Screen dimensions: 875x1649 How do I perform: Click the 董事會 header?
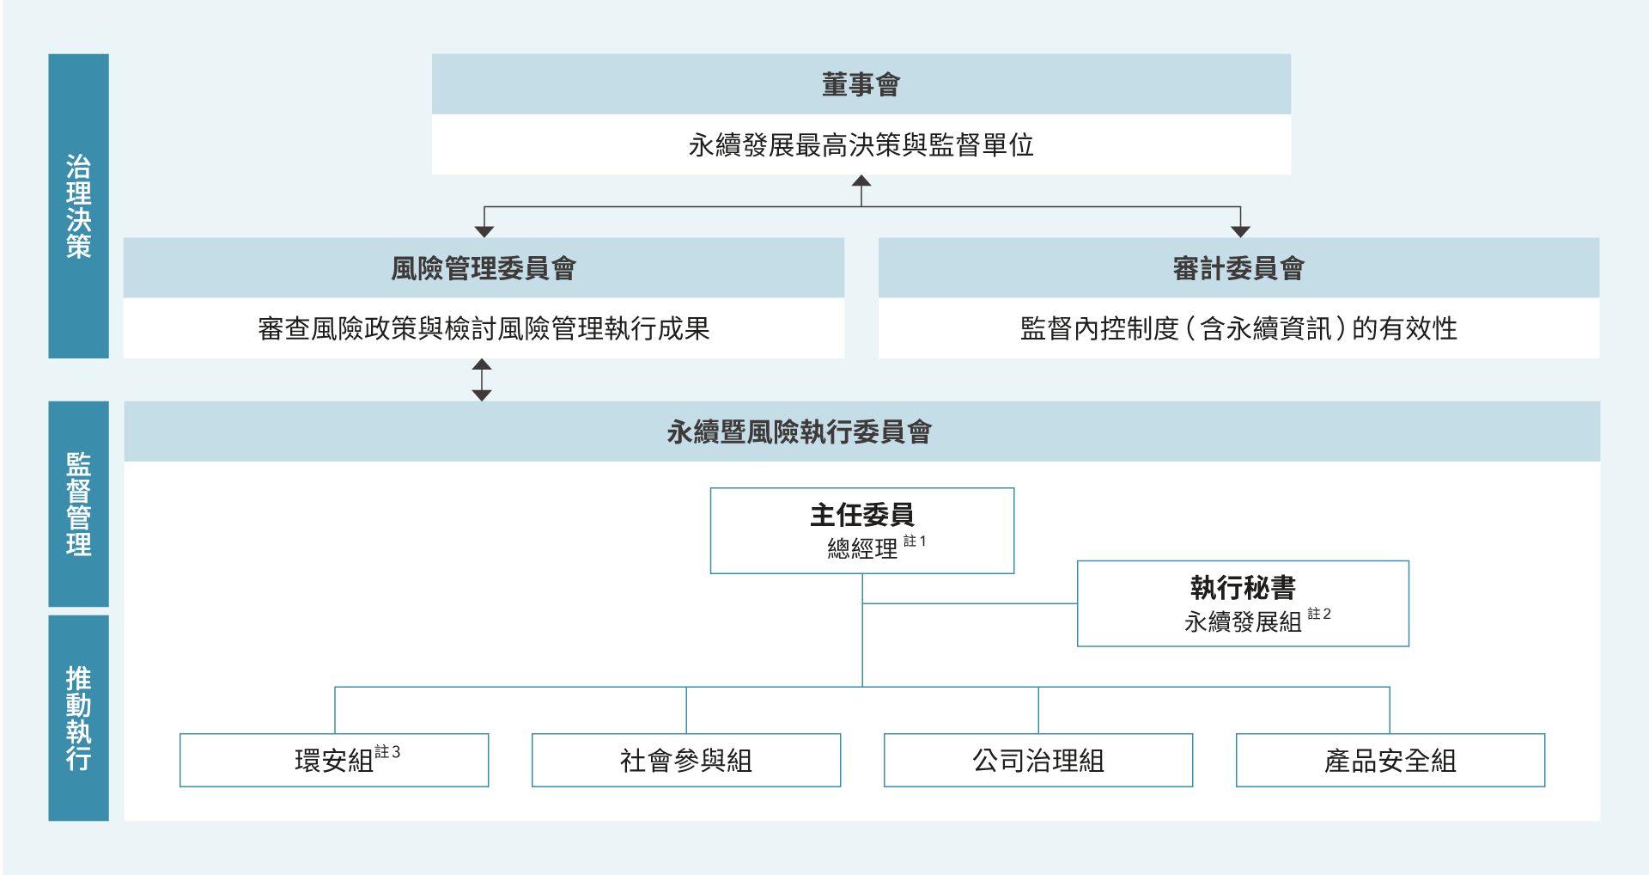pyautogui.click(x=861, y=84)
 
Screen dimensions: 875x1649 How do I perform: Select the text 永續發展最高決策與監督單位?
pyautogui.click(x=861, y=145)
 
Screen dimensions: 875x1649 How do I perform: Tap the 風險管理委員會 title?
pyautogui.click(x=484, y=268)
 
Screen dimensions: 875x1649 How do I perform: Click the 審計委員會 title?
pyautogui.click(x=1238, y=268)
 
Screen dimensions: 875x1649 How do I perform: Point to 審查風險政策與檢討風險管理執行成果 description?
pyautogui.click(x=484, y=328)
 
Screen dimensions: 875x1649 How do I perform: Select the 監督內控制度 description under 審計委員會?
pyautogui.click(x=1238, y=328)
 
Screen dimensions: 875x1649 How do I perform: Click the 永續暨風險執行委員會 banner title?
pyautogui.click(x=799, y=431)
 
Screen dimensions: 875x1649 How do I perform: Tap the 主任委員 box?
pyautogui.click(x=861, y=529)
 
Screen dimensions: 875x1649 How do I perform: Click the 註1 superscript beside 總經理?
pyautogui.click(x=915, y=542)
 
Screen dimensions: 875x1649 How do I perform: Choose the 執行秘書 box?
pyautogui.click(x=1243, y=603)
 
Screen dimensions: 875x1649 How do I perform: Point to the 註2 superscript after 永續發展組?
pyautogui.click(x=1319, y=615)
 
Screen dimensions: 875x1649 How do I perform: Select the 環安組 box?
pyautogui.click(x=334, y=761)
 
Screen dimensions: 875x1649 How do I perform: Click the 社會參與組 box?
pyautogui.click(x=686, y=761)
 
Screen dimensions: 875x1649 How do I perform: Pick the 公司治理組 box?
pyautogui.click(x=1038, y=761)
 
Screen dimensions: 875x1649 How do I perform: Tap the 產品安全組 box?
pyautogui.click(x=1390, y=761)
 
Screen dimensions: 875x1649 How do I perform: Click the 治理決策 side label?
pyautogui.click(x=78, y=206)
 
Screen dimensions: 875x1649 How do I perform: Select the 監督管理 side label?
pyautogui.click(x=78, y=504)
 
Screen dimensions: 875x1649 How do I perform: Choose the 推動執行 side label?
pyautogui.click(x=78, y=718)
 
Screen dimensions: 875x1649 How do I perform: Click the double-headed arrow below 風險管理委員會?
pyautogui.click(x=482, y=380)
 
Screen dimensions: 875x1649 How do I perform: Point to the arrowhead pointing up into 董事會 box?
pyautogui.click(x=861, y=181)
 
